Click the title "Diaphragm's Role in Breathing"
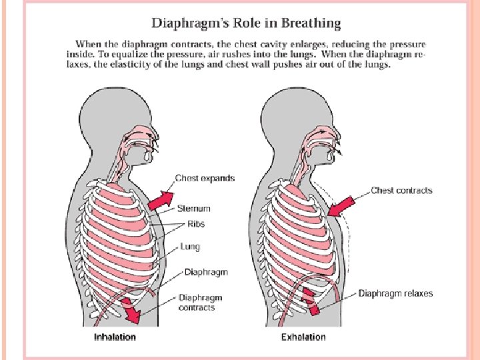coord(246,24)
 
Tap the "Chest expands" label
coord(205,178)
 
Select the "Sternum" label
coord(194,209)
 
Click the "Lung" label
coord(190,247)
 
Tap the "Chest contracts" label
coord(401,191)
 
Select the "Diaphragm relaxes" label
coord(395,293)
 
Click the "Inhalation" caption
coord(114,337)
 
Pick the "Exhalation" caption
coord(303,337)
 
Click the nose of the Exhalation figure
coord(346,137)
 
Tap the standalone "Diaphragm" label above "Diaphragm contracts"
coord(206,272)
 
